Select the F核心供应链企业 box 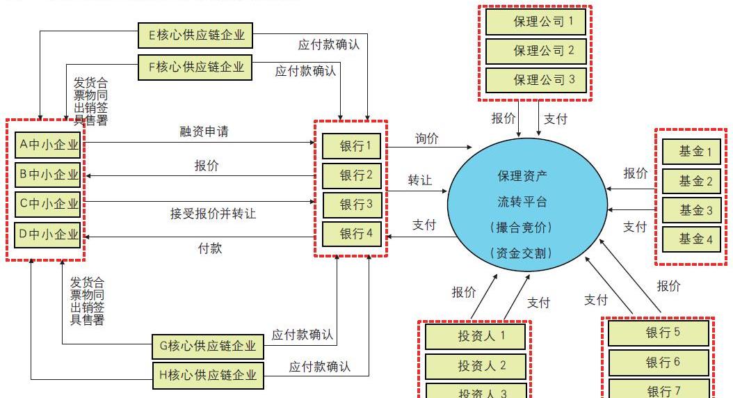click(x=195, y=67)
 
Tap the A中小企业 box click(x=48, y=145)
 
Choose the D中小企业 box click(x=48, y=234)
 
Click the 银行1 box click(x=351, y=146)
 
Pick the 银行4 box click(x=351, y=234)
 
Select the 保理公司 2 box click(x=535, y=51)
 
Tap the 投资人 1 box click(x=476, y=337)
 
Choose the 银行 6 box click(x=658, y=363)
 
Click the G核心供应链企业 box click(x=208, y=346)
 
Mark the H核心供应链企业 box click(x=208, y=376)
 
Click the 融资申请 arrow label click(x=204, y=132)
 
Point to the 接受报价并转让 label click(x=213, y=214)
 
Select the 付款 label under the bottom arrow click(x=210, y=248)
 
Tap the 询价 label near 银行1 click(x=427, y=138)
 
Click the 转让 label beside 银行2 click(x=419, y=181)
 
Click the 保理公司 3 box click(x=535, y=80)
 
